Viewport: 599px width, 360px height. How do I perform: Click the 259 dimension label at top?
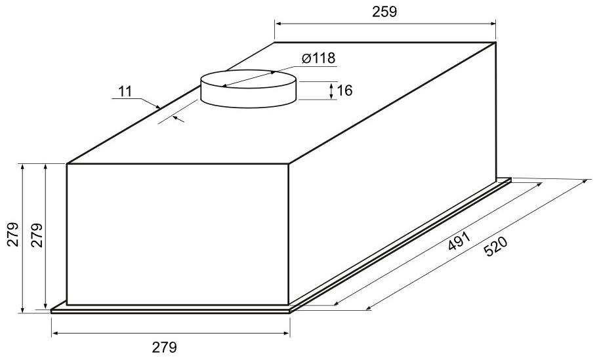point(384,12)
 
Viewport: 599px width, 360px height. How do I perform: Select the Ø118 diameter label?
point(318,58)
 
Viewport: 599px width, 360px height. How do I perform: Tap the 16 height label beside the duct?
point(345,90)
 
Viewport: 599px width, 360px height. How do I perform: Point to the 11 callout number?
point(125,92)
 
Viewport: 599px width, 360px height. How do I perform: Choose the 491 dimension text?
point(459,241)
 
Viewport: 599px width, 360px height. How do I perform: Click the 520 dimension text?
point(495,247)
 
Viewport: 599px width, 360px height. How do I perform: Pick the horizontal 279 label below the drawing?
point(165,348)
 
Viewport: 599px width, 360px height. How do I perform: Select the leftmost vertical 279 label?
point(12,234)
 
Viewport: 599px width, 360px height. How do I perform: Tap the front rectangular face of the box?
point(178,234)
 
